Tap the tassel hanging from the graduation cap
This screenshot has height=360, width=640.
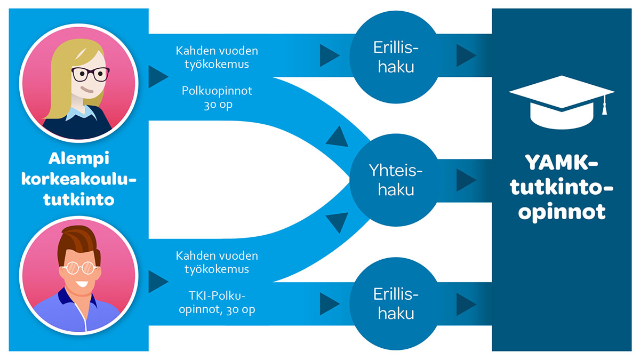pyautogui.click(x=604, y=106)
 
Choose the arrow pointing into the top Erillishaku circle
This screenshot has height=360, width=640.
pyautogui.click(x=329, y=54)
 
